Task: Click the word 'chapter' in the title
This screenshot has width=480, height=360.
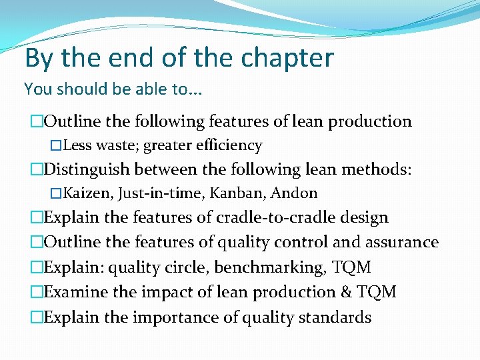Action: pos(291,59)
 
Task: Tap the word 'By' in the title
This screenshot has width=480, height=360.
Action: pos(39,59)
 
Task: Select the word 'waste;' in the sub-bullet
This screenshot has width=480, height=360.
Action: pos(118,145)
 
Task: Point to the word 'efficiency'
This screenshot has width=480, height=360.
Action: pos(229,145)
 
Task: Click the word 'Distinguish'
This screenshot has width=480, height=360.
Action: pos(91,170)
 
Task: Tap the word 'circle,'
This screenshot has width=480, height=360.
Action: pos(199,267)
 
